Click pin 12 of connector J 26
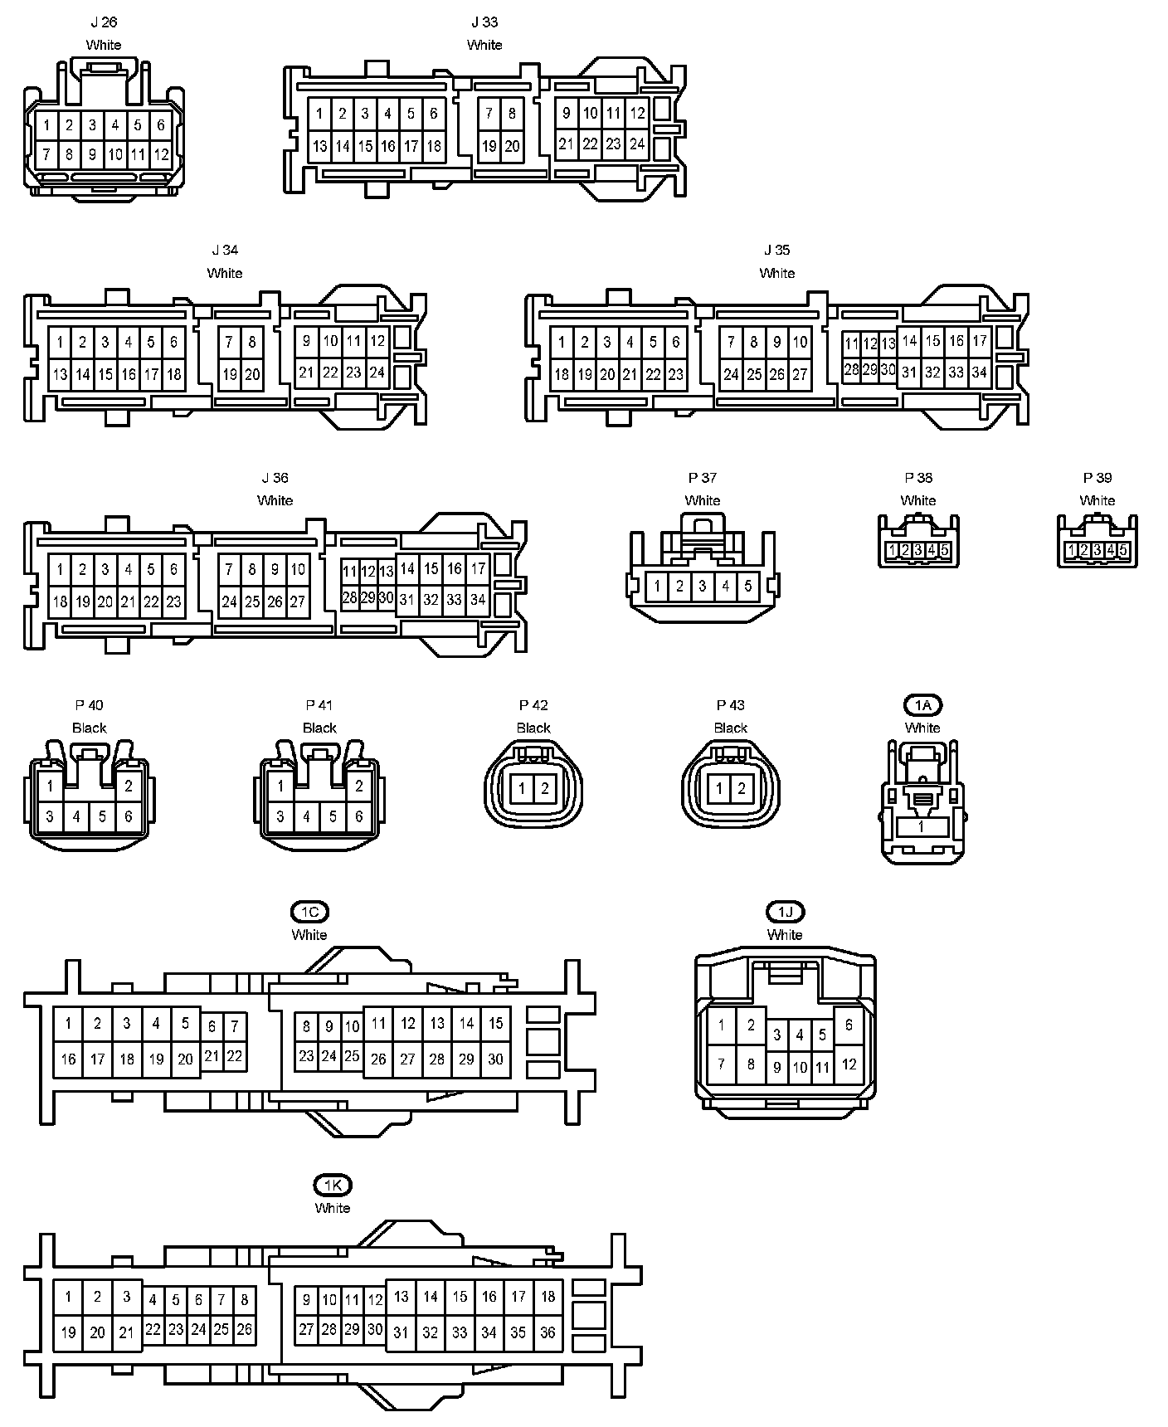point(161,154)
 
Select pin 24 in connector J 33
point(637,144)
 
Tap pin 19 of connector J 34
point(230,374)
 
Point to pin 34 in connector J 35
point(980,373)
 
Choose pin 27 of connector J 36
point(298,601)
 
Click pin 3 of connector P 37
point(702,587)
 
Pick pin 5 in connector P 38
point(944,550)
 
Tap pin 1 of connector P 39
point(1072,550)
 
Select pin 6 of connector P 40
point(128,816)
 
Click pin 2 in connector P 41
point(359,786)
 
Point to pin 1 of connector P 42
point(522,788)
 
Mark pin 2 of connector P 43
point(742,788)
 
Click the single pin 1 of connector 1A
point(921,827)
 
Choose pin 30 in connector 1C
point(495,1059)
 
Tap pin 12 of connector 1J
point(849,1064)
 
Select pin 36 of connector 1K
point(547,1332)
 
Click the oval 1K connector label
point(332,1185)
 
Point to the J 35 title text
point(776,250)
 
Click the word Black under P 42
point(533,728)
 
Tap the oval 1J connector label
point(785,912)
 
